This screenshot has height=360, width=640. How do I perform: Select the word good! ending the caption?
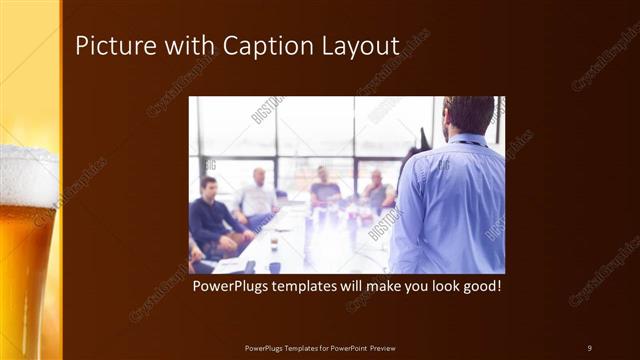[x=476, y=287]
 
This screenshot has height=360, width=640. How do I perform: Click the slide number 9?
[x=589, y=347]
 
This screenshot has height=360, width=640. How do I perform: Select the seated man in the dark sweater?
[x=212, y=215]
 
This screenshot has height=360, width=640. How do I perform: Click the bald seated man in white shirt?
[x=258, y=195]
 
